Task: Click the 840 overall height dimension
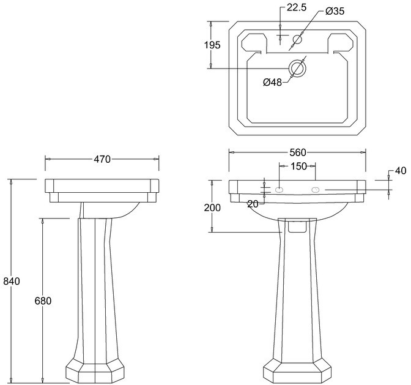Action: [x=12, y=282]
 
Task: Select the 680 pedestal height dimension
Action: [x=43, y=301]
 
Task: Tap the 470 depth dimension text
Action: [x=102, y=159]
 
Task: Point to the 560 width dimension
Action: [x=298, y=152]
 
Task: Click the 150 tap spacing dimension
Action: [x=299, y=166]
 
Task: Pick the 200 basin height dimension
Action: [x=212, y=207]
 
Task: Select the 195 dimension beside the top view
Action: [x=212, y=45]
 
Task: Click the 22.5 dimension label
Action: [x=297, y=7]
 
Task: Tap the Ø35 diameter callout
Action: [x=335, y=11]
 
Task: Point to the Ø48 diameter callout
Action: [x=272, y=83]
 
